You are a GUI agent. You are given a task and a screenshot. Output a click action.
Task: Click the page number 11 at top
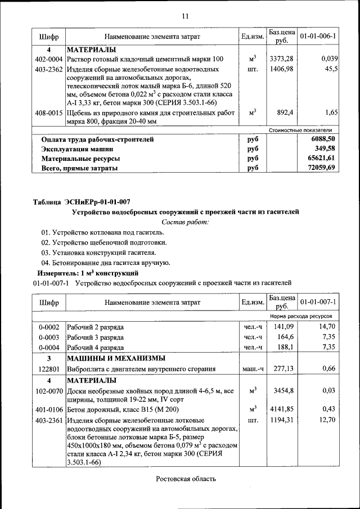(x=185, y=15)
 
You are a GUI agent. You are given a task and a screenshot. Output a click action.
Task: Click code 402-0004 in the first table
(x=48, y=59)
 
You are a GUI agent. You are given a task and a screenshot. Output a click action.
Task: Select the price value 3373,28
(x=281, y=59)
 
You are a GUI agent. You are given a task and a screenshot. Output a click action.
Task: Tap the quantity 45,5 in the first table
(x=331, y=69)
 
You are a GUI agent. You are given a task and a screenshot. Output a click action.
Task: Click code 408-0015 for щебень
(x=48, y=112)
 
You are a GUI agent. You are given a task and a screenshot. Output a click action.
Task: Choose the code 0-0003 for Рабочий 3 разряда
(x=48, y=336)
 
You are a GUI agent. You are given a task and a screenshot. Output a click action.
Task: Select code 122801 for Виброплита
(x=48, y=369)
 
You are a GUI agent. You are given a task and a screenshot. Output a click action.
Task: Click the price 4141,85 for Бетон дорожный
(x=281, y=409)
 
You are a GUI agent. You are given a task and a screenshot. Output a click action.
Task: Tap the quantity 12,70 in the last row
(x=327, y=420)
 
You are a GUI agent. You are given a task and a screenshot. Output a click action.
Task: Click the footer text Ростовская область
(x=185, y=479)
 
